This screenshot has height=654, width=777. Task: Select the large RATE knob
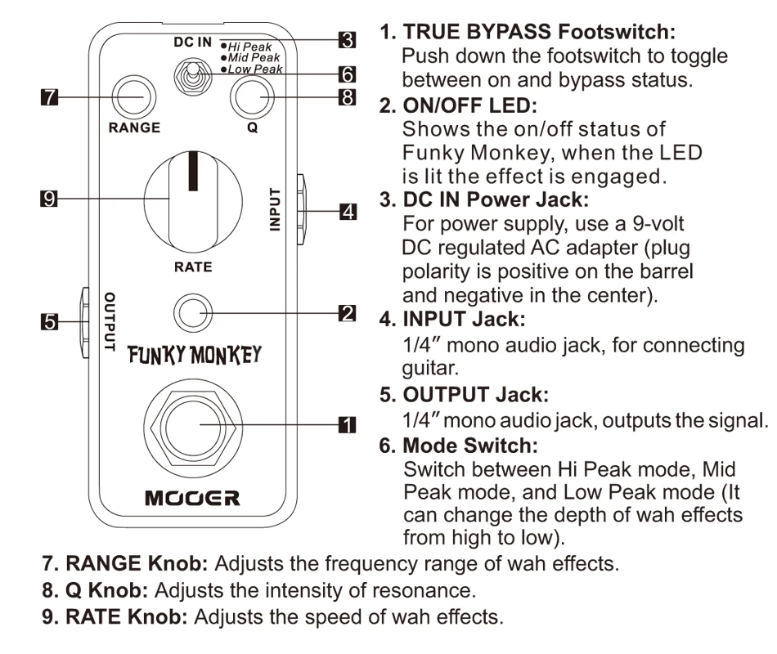193,201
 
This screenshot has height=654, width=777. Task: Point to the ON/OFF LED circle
193,313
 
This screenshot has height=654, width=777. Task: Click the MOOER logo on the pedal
192,498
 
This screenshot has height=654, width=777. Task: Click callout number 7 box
49,96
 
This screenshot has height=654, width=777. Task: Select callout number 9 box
49,199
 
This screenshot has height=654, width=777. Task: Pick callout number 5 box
49,321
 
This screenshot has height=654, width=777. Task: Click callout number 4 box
348,212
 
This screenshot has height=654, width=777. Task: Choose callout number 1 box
348,424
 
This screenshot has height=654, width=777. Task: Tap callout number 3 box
348,39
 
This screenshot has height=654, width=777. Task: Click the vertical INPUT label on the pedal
275,209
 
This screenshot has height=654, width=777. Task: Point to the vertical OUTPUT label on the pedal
110,321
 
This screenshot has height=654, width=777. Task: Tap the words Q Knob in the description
106,590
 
